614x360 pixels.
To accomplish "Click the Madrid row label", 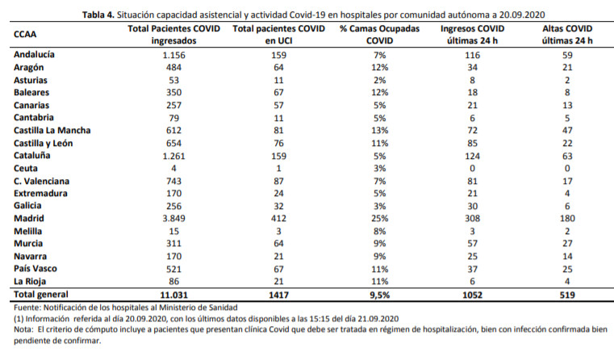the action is [x=28, y=218].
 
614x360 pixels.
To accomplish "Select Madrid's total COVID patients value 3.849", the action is [x=173, y=218].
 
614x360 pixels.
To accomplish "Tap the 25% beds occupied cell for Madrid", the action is [x=379, y=218].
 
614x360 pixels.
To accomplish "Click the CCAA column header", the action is [x=25, y=34].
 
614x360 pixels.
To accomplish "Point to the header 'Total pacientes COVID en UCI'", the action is [x=278, y=35].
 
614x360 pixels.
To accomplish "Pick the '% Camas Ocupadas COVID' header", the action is [x=379, y=35].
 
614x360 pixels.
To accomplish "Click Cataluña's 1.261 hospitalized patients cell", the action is [x=173, y=156].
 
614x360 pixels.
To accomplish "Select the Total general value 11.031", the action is [x=173, y=295].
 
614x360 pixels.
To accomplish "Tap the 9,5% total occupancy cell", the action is [x=379, y=295].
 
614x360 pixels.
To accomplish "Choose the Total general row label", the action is [x=40, y=295].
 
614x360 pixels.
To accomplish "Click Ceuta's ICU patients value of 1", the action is [x=278, y=169].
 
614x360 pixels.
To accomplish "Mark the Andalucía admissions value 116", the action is [x=472, y=55].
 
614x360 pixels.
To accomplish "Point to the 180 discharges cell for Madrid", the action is [x=567, y=218].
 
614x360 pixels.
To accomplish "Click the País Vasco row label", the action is [x=36, y=269].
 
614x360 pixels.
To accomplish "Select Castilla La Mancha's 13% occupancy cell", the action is [x=379, y=131].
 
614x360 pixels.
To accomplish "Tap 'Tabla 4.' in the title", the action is [x=98, y=15].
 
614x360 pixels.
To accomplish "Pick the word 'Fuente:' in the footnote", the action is [x=27, y=308].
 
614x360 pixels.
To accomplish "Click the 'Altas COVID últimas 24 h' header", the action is [x=567, y=35].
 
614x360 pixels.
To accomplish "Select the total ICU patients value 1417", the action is [x=278, y=295].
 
